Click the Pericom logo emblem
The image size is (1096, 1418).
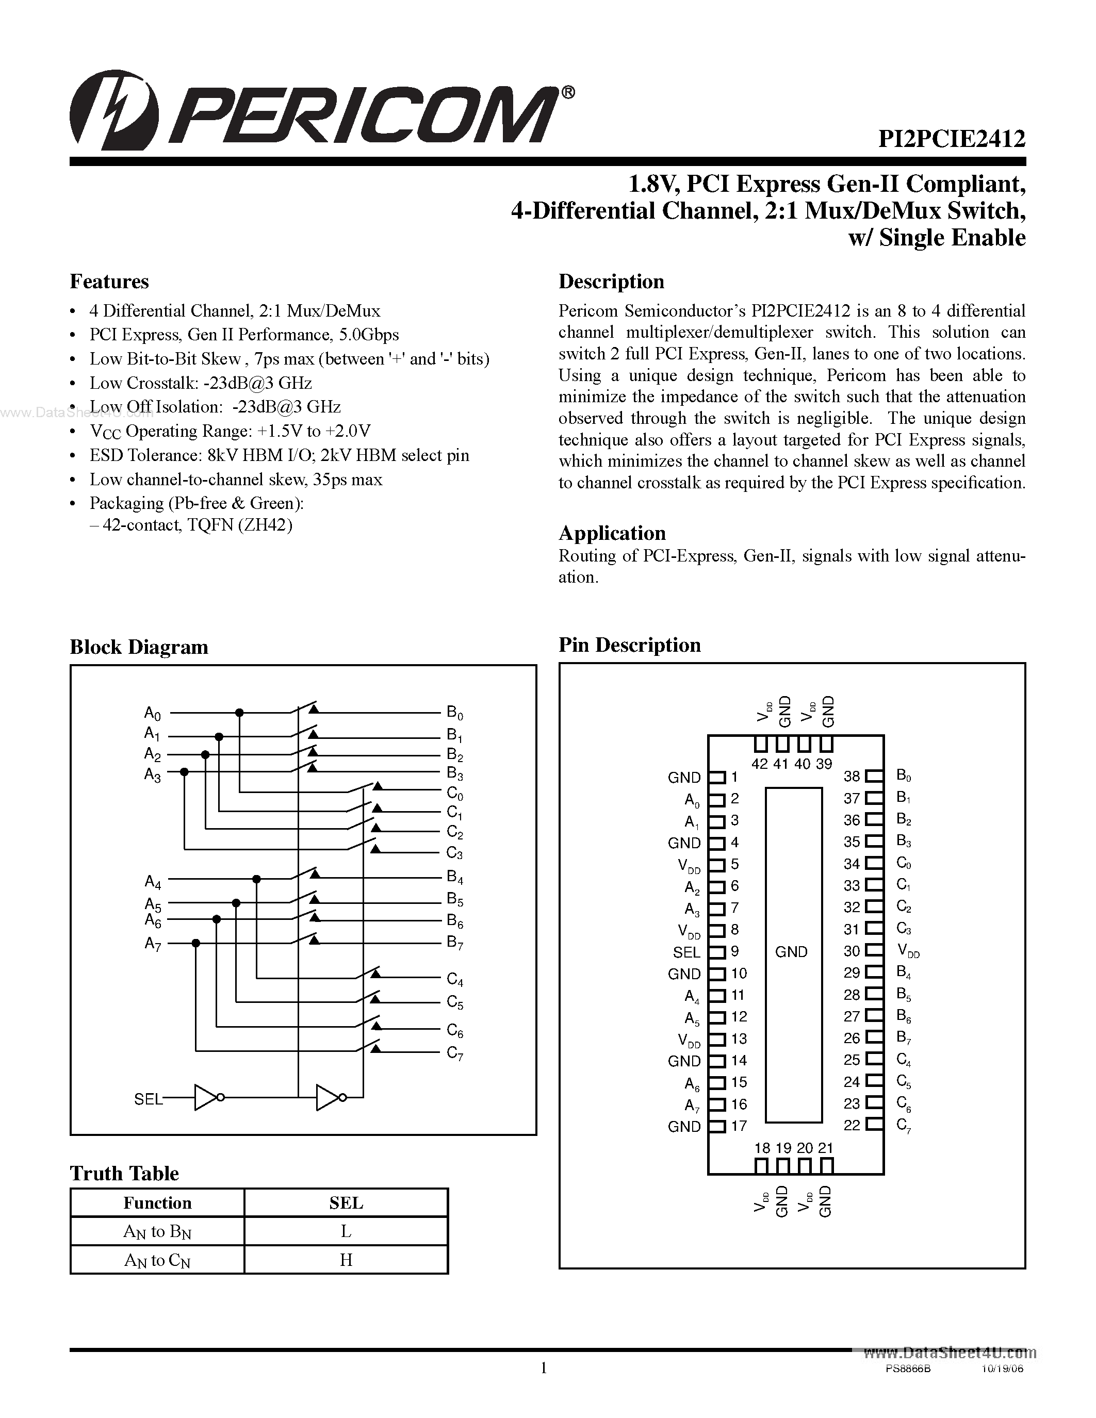[113, 110]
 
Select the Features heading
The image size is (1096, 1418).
[109, 282]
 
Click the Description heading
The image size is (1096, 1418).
[611, 282]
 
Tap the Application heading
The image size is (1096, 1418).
[612, 533]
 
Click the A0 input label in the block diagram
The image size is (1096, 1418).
[152, 714]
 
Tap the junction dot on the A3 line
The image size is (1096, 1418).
[185, 771]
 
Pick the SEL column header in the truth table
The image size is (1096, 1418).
[346, 1203]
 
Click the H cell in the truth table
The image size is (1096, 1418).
[346, 1260]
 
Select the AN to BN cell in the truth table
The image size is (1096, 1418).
[157, 1232]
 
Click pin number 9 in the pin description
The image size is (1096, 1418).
[735, 951]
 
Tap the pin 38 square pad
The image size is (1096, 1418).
[874, 776]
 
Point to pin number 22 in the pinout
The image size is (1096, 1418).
[852, 1125]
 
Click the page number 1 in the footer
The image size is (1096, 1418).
[544, 1368]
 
